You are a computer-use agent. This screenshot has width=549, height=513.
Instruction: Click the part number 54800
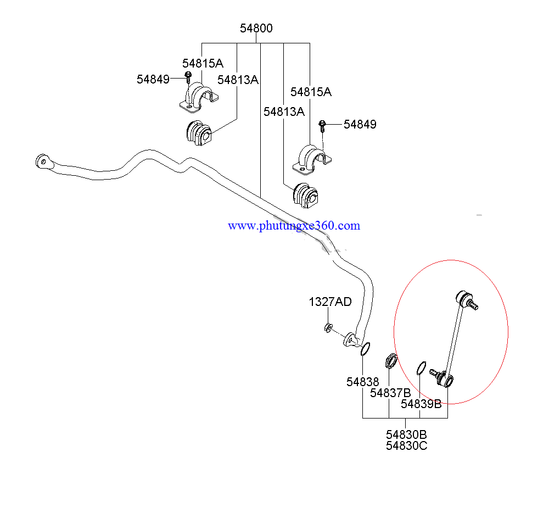[x=256, y=29]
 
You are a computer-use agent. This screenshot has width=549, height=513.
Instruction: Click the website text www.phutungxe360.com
[x=294, y=226]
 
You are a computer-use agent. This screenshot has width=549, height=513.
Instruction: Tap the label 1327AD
[x=330, y=302]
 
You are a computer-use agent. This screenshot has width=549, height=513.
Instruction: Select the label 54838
[x=362, y=382]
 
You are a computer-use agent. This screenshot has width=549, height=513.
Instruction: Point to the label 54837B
[x=390, y=393]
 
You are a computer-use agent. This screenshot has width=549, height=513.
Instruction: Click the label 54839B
[x=421, y=404]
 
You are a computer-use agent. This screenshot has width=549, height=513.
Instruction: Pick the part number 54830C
[x=406, y=445]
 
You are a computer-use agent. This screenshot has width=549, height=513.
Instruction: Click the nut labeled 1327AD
[x=328, y=328]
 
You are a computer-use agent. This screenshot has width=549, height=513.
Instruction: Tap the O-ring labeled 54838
[x=365, y=349]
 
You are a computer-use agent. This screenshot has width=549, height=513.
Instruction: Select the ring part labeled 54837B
[x=391, y=361]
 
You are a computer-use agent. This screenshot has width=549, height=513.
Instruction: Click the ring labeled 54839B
[x=422, y=366]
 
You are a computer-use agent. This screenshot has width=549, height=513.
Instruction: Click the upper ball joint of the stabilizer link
[x=466, y=300]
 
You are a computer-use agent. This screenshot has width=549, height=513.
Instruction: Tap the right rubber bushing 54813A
[x=305, y=194]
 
